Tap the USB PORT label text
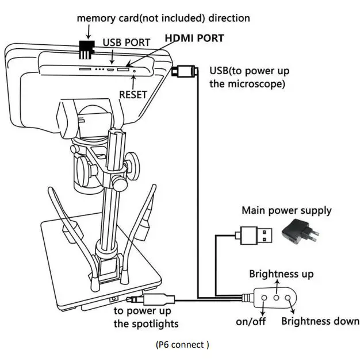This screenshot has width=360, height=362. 127,43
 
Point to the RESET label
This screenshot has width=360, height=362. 133,94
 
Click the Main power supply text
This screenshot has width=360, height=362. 286,210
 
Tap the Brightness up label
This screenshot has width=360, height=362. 281,274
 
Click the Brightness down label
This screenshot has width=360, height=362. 320,321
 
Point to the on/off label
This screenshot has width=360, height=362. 251,321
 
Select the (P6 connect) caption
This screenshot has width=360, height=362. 182,345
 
